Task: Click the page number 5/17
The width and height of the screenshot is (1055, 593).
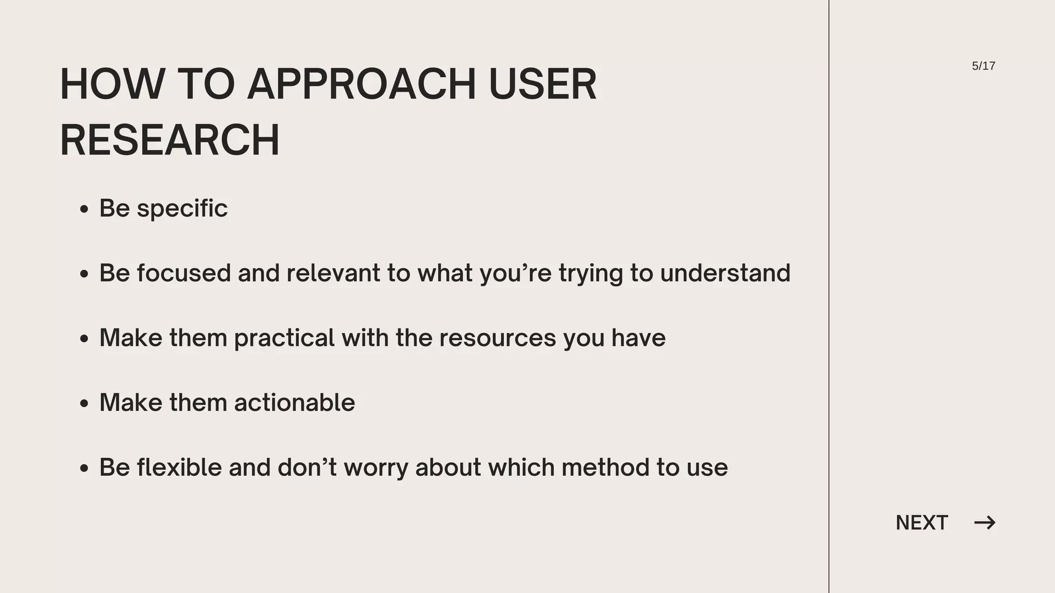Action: coord(983,66)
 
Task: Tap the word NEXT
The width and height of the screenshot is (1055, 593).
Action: coord(922,523)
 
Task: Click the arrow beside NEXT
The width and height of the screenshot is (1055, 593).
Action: coord(985,523)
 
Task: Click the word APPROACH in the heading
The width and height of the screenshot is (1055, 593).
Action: coord(362,84)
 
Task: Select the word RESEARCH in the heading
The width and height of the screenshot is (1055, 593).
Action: coord(170,140)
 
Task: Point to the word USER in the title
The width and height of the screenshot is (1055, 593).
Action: coord(542,84)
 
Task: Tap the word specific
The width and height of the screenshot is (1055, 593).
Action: coord(182,209)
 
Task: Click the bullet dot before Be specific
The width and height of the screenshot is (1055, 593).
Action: coord(84,210)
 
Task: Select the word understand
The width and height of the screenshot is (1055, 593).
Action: coord(725,273)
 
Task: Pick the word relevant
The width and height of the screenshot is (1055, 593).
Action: coord(333,273)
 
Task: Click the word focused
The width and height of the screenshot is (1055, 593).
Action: coord(183,273)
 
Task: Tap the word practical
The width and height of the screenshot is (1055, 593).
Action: coord(284,338)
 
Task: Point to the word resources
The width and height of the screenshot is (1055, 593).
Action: coord(498,338)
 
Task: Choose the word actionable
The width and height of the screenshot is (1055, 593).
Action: coord(295,403)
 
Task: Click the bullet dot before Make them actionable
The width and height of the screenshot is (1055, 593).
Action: coord(84,404)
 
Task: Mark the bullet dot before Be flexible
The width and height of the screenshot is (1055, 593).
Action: coord(84,468)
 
